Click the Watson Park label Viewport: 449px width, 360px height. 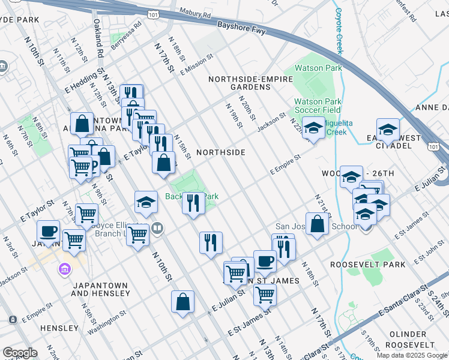[318, 68]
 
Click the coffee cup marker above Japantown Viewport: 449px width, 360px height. [48, 230]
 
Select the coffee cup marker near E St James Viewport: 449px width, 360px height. [265, 260]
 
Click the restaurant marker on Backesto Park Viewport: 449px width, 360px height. [192, 203]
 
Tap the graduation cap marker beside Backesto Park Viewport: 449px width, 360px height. [146, 203]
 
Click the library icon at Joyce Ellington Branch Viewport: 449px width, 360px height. [157, 227]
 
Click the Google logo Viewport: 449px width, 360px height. [20, 353]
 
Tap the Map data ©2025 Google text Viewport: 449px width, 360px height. [412, 355]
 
